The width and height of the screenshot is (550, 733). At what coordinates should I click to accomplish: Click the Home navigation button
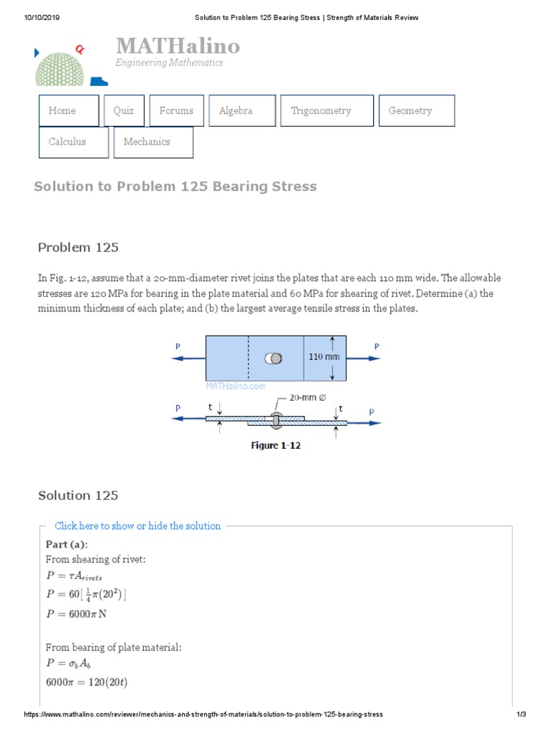[68, 111]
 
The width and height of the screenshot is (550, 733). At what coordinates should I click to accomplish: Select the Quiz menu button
[124, 111]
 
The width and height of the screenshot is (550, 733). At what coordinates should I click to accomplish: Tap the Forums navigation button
[176, 111]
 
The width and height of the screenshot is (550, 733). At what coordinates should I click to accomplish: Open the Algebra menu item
[241, 111]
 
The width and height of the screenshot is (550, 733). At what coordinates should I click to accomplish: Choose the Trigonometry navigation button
[327, 111]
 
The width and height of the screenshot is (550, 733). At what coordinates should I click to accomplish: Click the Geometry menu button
[416, 111]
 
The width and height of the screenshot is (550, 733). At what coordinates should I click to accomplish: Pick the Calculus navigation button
[74, 142]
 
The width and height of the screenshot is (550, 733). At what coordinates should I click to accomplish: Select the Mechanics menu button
[153, 142]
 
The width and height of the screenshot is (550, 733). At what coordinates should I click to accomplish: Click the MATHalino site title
[178, 47]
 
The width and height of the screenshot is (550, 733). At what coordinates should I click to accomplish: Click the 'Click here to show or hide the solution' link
[137, 526]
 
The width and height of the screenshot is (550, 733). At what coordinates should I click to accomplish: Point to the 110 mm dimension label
[324, 356]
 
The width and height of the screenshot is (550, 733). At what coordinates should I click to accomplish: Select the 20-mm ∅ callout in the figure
[309, 397]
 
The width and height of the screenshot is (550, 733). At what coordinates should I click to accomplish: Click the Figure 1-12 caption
[276, 445]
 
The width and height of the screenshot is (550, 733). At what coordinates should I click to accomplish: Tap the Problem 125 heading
[78, 248]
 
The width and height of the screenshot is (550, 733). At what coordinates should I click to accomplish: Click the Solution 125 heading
[78, 495]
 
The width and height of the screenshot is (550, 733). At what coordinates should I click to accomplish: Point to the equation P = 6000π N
[77, 613]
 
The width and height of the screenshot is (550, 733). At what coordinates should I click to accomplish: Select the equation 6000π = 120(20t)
[87, 683]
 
